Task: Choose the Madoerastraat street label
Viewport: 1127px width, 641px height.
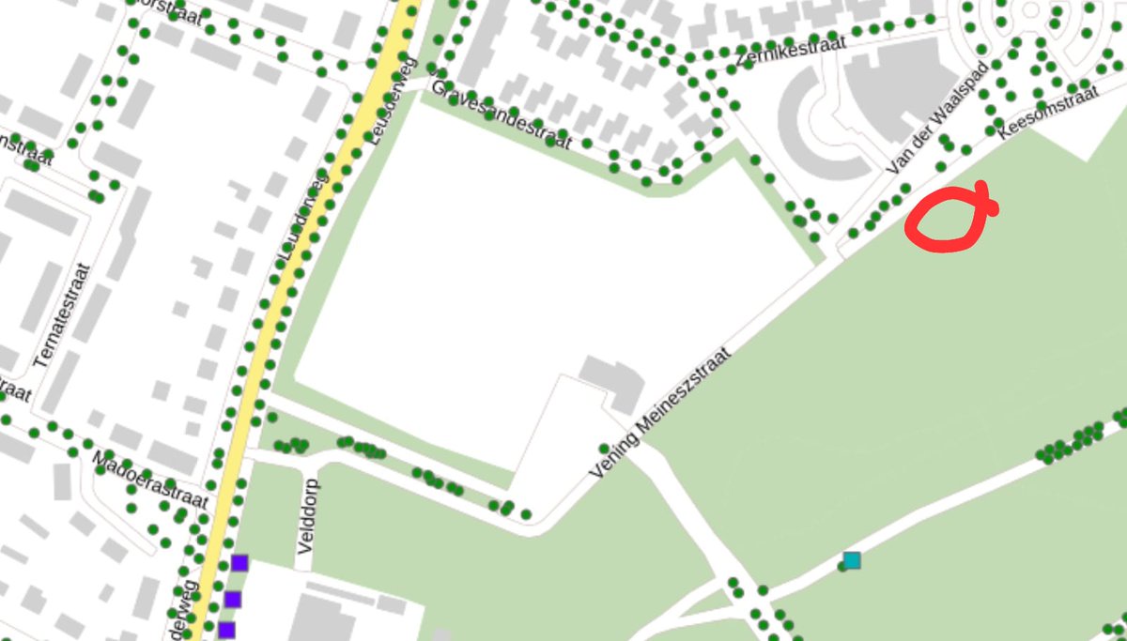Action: click(150, 479)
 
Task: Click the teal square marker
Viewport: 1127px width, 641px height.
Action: click(852, 560)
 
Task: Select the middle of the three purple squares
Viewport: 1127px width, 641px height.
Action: click(232, 599)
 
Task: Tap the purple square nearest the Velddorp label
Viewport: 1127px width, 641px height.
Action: click(239, 563)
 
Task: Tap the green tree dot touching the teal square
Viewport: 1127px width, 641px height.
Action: click(841, 566)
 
